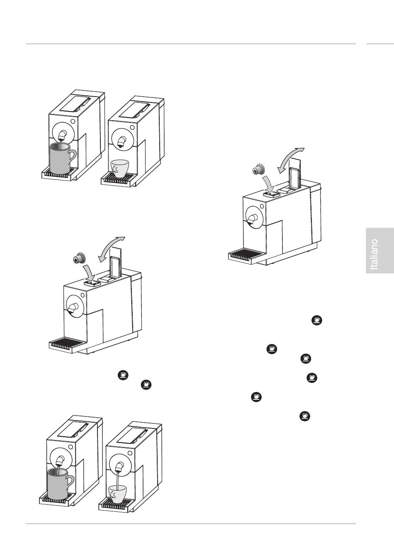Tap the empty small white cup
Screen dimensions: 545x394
[121, 168]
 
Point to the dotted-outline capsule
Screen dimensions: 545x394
[260, 170]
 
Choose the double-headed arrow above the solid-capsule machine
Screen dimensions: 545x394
[111, 249]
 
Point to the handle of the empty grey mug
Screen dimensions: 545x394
[72, 157]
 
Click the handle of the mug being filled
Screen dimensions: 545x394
[70, 482]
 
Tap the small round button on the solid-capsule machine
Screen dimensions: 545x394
[83, 296]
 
